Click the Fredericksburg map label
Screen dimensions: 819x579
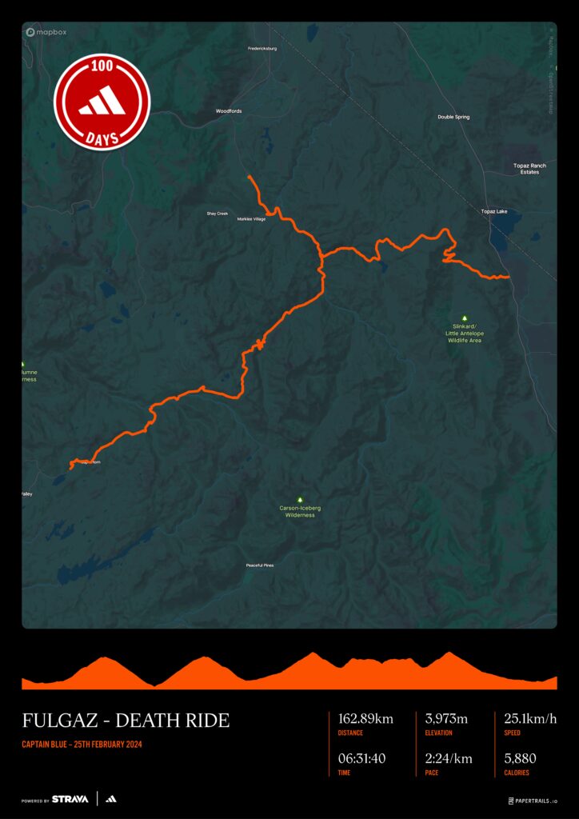pos(262,48)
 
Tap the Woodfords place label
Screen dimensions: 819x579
pos(229,111)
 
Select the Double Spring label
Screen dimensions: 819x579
pos(453,117)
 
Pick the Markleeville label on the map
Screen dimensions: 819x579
pos(251,218)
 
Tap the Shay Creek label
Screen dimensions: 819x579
pos(218,214)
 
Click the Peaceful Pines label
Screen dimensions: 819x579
pos(260,565)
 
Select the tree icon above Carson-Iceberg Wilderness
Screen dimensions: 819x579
pos(300,500)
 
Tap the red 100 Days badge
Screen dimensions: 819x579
pos(102,102)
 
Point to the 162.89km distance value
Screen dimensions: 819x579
pos(366,719)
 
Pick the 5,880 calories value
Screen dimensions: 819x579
pos(520,758)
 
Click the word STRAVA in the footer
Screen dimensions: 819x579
pos(70,799)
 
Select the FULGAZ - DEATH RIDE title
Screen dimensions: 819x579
pos(126,720)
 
